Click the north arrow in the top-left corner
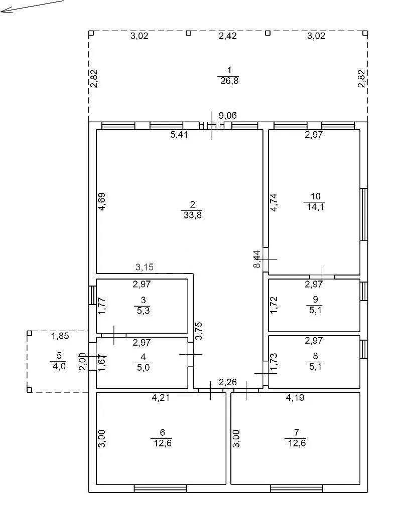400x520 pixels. click(32, 7)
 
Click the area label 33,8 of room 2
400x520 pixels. click(193, 215)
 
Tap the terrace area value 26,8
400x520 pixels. click(229, 80)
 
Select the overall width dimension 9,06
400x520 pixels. click(227, 115)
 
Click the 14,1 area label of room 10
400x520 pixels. click(315, 207)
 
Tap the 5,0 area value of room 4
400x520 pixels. click(143, 367)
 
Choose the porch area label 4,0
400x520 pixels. click(59, 366)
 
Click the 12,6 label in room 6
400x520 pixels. click(163, 443)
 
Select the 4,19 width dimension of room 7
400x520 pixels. click(295, 397)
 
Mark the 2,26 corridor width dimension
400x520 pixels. click(227, 382)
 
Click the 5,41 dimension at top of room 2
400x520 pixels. click(179, 135)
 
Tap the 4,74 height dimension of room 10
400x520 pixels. click(274, 202)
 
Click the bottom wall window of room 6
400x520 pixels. click(161, 488)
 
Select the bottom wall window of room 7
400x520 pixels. click(296, 488)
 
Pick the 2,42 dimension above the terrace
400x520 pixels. click(227, 36)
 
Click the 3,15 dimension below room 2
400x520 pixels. click(145, 267)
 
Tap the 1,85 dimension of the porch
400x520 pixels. click(60, 336)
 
